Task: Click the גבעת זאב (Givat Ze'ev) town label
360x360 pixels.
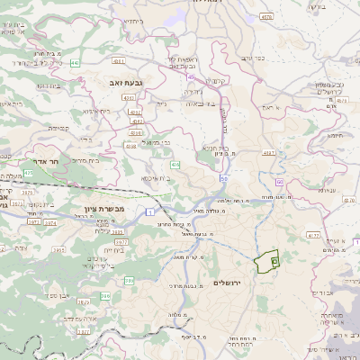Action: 106,81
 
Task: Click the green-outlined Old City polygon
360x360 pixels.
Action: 266,262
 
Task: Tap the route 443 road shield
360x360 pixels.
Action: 74,63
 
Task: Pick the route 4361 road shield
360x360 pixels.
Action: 119,61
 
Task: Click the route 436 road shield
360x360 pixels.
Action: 175,165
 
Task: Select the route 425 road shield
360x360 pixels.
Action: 28,172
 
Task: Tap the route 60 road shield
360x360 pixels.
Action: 280,183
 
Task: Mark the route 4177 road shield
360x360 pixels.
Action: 312,235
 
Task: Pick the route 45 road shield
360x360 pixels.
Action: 217,77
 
